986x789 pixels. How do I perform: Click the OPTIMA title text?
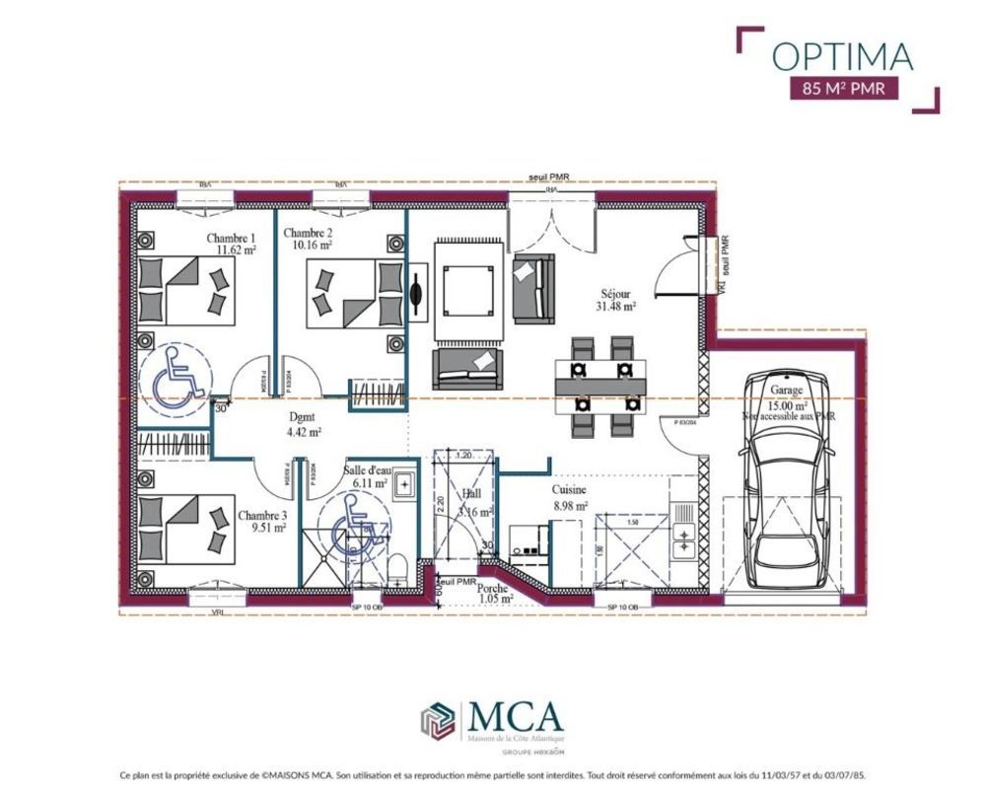click(842, 57)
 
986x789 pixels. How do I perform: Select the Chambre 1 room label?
click(232, 245)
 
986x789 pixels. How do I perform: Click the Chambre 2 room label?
click(308, 239)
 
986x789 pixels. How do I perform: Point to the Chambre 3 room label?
click(262, 521)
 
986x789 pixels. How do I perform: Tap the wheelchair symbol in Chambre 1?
click(174, 378)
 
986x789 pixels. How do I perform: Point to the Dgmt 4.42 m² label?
click(303, 423)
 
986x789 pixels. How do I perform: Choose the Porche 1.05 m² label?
click(493, 593)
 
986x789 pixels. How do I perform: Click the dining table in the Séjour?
click(602, 386)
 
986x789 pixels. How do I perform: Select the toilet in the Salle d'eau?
click(397, 568)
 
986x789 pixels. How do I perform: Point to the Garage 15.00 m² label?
click(789, 397)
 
